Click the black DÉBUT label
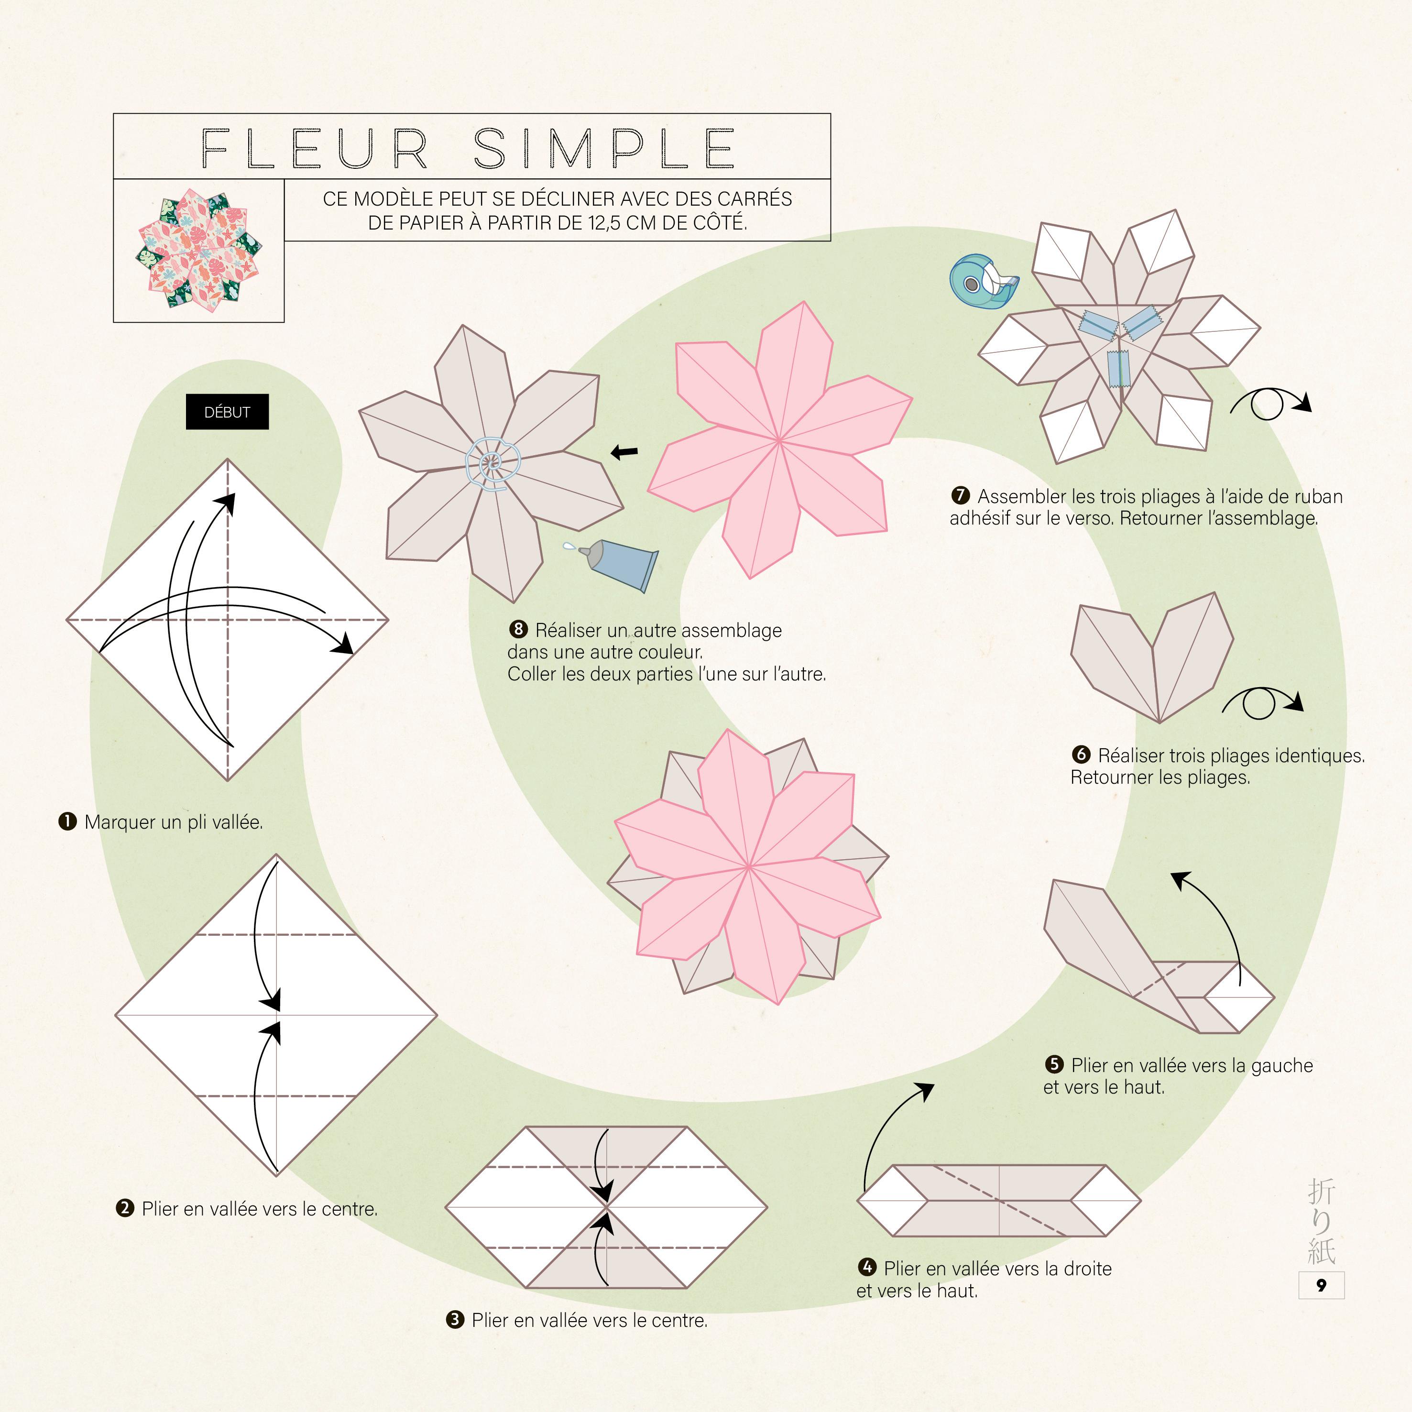(227, 412)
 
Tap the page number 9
(1321, 1286)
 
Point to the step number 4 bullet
(867, 1267)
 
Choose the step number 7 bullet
(960, 495)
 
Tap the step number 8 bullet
(518, 629)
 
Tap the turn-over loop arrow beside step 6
(1261, 703)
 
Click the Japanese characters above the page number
(1321, 1221)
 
